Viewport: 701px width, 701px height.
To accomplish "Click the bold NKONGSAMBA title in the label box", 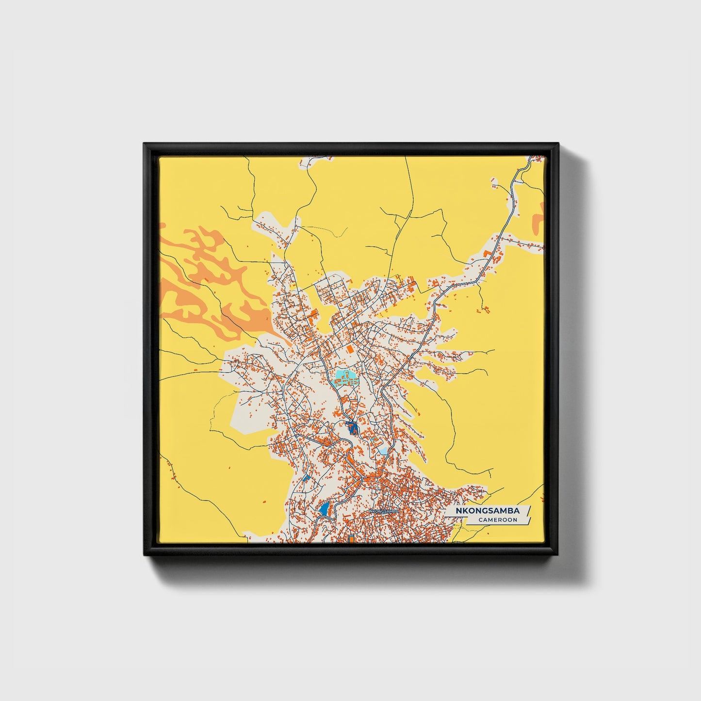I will click(x=487, y=511).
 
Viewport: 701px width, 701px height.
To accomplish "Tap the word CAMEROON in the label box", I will click(x=497, y=520).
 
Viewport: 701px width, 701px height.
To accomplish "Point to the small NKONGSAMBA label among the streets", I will click(x=384, y=511).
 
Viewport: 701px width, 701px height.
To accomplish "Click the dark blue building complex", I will click(x=352, y=428).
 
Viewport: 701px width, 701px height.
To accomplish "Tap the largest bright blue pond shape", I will click(x=324, y=509).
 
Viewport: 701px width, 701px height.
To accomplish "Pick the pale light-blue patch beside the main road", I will click(x=384, y=451).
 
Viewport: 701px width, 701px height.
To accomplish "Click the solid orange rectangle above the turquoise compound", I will click(x=349, y=348).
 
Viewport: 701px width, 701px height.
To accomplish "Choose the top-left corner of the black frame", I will click(x=145, y=144).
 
